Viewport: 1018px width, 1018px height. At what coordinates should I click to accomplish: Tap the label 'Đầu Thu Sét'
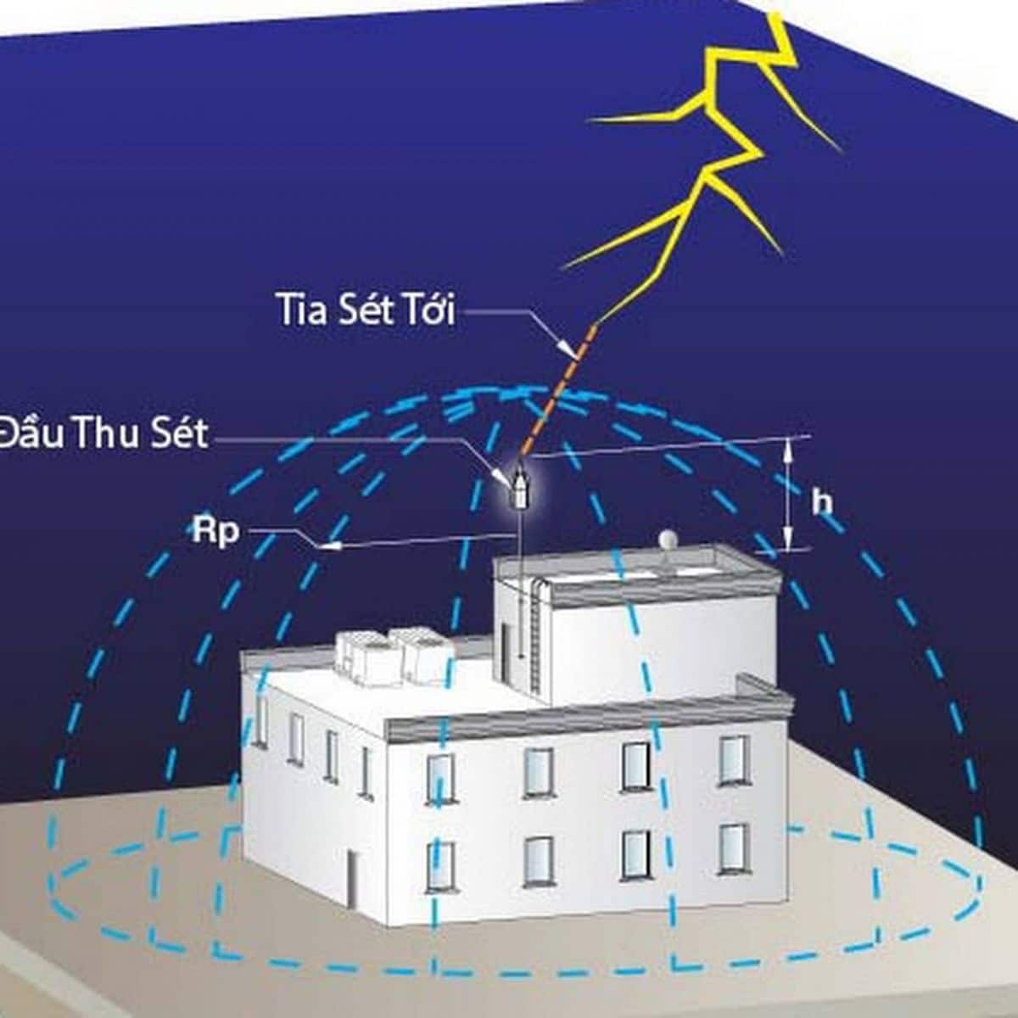coord(103,433)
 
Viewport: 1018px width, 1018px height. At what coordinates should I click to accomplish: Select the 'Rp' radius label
coord(215,531)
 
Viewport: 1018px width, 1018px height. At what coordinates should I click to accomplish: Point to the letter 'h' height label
coord(822,502)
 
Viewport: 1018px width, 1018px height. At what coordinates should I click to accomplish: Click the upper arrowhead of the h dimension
coord(787,449)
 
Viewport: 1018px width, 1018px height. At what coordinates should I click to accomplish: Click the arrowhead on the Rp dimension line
coord(328,546)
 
